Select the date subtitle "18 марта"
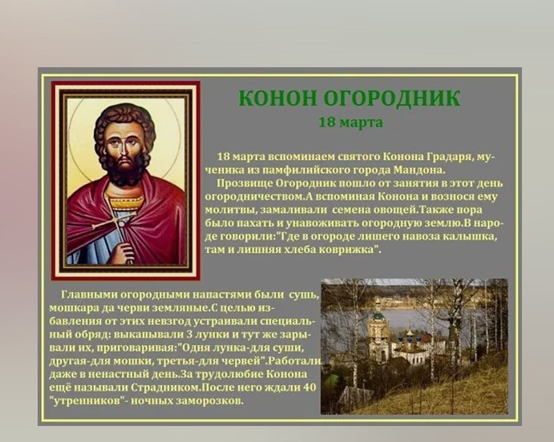351,123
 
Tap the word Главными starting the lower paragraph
89,295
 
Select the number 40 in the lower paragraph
309,388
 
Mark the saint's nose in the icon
123,149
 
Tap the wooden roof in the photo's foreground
356,394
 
